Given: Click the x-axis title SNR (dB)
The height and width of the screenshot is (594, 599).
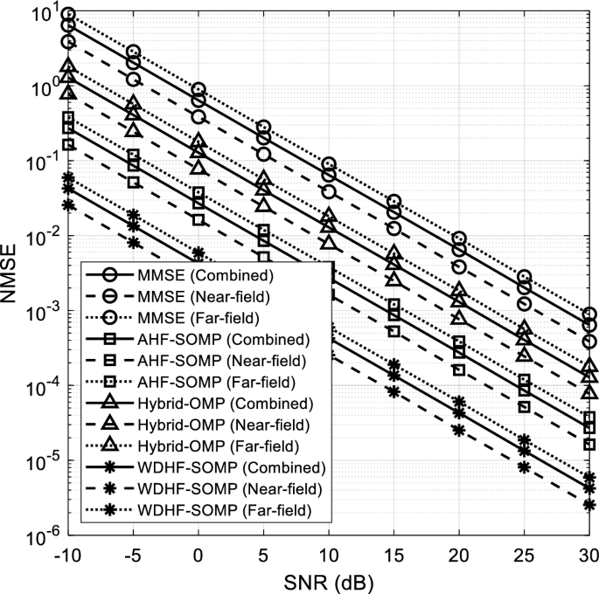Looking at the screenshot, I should [x=329, y=579].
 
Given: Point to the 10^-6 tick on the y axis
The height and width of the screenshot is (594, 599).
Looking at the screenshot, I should [x=40, y=534].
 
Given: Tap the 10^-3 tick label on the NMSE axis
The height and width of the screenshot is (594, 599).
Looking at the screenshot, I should [x=40, y=312].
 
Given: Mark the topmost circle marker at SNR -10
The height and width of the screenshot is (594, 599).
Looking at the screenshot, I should [x=68, y=15].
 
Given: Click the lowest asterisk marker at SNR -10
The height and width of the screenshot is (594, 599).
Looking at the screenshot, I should [x=68, y=204].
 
